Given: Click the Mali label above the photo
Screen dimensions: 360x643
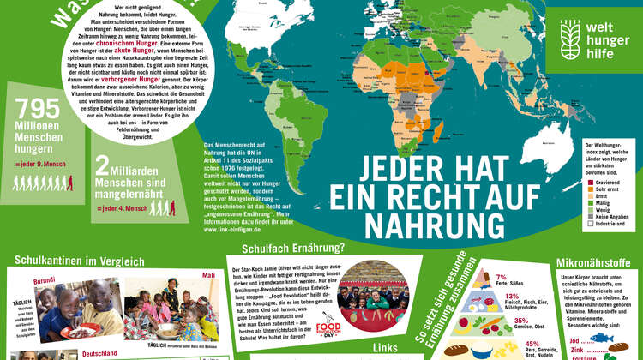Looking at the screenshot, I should pyautogui.click(x=207, y=275).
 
